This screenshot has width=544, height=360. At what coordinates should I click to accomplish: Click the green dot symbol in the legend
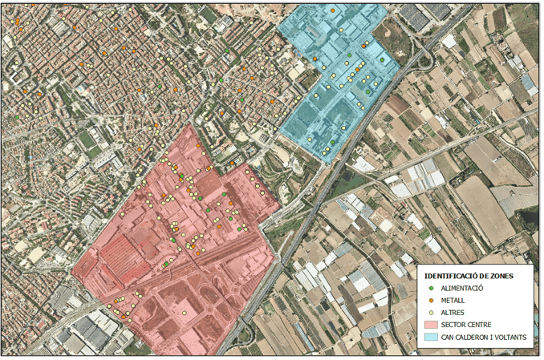coord(431,287)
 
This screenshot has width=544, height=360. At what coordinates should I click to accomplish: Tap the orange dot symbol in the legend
coord(431,299)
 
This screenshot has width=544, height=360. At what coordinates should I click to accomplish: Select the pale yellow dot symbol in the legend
coord(431,312)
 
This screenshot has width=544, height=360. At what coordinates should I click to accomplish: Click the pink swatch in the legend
coord(431,325)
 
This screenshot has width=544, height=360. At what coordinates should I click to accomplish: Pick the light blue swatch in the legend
coord(431,338)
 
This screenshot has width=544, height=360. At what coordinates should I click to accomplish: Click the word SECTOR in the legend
coord(454,325)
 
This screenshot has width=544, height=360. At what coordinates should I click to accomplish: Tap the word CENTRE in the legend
coord(482,325)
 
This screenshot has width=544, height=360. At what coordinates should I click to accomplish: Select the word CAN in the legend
coord(449,338)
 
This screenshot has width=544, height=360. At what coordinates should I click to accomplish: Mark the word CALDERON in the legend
coord(475,338)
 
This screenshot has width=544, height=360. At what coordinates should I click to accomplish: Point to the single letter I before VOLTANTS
coord(495,338)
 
